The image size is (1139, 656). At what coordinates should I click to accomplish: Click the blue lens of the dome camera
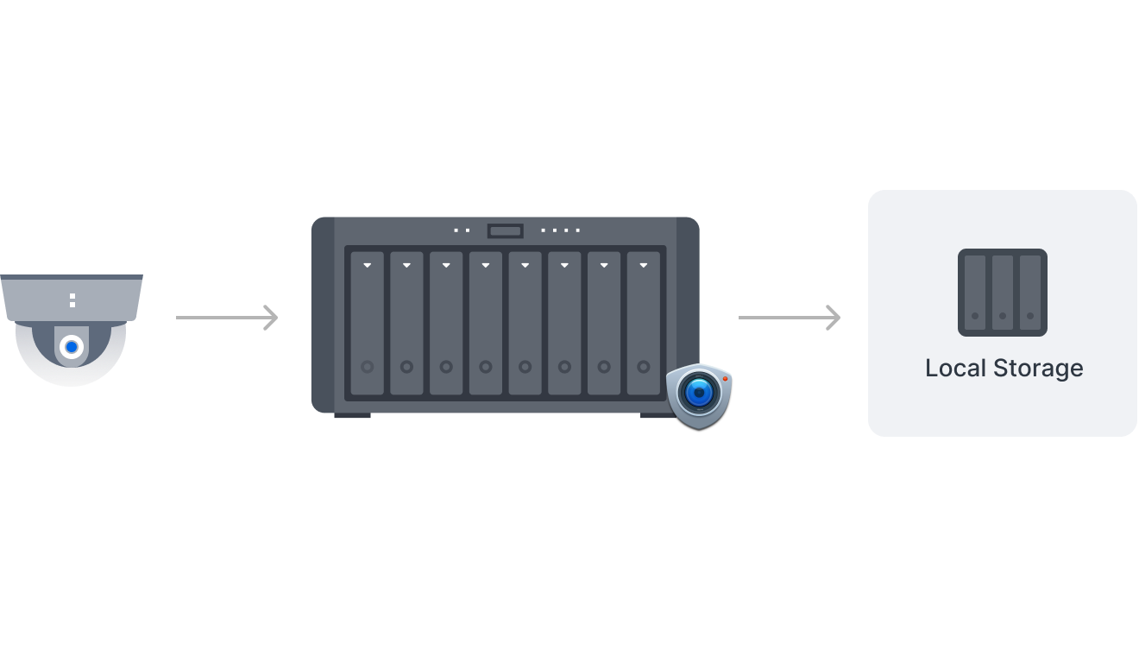click(72, 347)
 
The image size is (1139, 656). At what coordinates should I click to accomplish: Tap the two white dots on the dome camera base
click(72, 300)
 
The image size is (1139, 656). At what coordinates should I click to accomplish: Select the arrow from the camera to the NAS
click(227, 318)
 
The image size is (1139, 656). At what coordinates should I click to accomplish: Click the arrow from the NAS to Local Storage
click(790, 318)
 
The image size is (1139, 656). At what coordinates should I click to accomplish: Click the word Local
click(956, 368)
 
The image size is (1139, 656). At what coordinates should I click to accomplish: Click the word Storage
click(1038, 368)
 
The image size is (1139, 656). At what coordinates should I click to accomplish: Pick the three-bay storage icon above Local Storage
click(1003, 293)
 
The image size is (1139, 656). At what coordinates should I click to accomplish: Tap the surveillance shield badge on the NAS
click(699, 395)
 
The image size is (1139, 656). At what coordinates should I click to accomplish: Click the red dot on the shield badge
click(726, 379)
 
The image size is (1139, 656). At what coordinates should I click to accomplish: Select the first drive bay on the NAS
click(368, 324)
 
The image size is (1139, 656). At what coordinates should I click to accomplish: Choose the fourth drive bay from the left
click(486, 324)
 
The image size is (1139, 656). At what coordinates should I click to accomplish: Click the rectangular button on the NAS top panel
click(505, 230)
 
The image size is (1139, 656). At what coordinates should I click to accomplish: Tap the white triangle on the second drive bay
click(407, 265)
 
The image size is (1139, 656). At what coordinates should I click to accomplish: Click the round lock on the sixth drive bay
click(564, 367)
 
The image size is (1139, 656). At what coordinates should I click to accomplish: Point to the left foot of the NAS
click(352, 416)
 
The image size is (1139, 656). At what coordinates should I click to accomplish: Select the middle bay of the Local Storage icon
click(1003, 293)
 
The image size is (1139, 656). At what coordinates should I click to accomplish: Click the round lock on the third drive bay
click(446, 367)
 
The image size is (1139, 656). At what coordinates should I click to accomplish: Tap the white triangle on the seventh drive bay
click(604, 265)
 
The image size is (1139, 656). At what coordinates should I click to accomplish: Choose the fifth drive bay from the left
click(525, 324)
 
